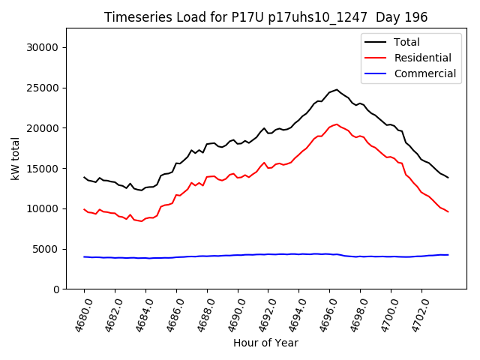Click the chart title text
[265, 17]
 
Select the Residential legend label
[422, 58]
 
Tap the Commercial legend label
[424, 73]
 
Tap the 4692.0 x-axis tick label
[264, 314]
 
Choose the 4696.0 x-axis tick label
[325, 314]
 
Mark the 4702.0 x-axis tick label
[418, 314]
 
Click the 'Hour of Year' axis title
[265, 343]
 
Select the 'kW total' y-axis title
[15, 159]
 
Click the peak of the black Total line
[336, 90]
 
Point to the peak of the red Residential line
[336, 124]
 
